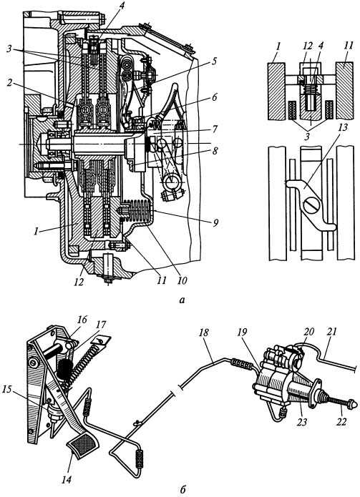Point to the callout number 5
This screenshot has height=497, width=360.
coord(215,61)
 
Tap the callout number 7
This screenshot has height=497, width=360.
coord(215,129)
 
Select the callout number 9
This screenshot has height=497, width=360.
coord(215,223)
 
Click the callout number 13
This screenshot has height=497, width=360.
coord(343,127)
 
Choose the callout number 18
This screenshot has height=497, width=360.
coord(204,333)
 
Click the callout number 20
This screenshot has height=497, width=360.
coord(308,332)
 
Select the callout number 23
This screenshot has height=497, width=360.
coord(302,422)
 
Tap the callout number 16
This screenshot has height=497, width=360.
coord(82,319)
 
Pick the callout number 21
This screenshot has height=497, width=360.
coord(333,332)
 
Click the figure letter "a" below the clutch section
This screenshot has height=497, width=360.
coord(182,300)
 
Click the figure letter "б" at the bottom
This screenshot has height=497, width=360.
coord(183,490)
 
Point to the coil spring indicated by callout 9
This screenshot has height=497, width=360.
coord(137,212)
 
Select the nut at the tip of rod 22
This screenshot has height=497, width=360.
coord(353,404)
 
